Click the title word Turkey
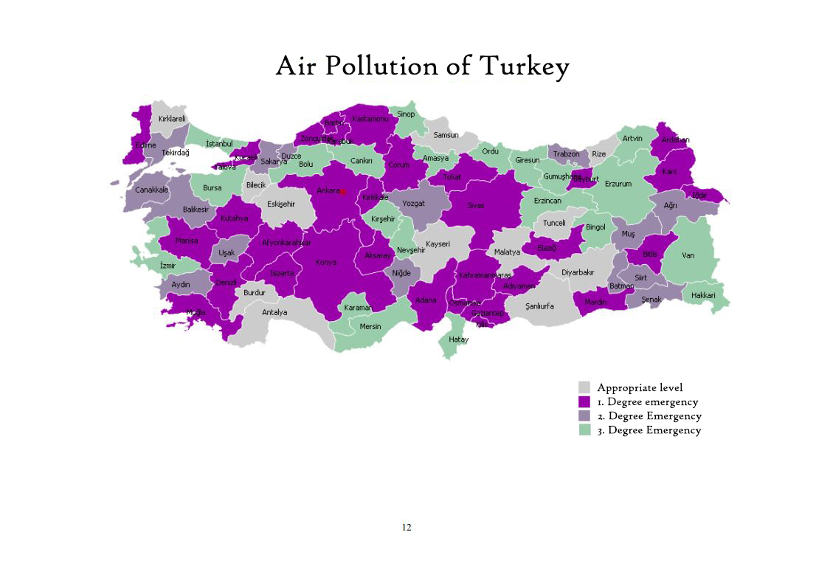525,66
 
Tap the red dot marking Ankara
343,191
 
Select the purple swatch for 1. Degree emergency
584,402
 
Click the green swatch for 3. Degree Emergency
584,430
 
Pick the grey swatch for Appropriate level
584,387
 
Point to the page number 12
407,527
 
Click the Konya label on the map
326,262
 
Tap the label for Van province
688,255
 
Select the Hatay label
458,339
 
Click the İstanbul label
219,143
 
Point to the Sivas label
476,205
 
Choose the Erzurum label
618,184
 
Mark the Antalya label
274,312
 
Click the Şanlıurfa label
539,305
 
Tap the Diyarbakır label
577,272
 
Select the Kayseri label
438,244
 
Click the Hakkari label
703,295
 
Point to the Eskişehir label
281,204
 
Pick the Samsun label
446,135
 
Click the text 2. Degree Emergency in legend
649,416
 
